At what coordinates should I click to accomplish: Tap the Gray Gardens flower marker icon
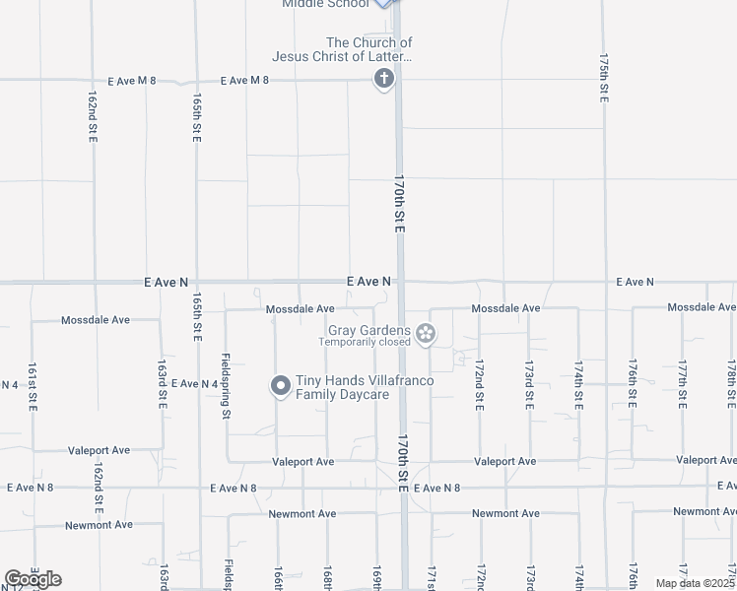pyautogui.click(x=426, y=335)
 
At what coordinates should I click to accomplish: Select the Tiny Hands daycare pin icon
pyautogui.click(x=280, y=386)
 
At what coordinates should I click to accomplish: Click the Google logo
pyautogui.click(x=33, y=579)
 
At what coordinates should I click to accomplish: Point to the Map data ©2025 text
pyautogui.click(x=695, y=583)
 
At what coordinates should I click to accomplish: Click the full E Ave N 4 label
pyautogui.click(x=194, y=383)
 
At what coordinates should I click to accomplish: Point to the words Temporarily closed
pyautogui.click(x=364, y=343)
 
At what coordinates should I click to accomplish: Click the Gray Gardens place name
pyautogui.click(x=369, y=330)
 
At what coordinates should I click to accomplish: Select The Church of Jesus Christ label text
pyautogui.click(x=368, y=49)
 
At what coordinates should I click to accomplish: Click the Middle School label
pyautogui.click(x=325, y=4)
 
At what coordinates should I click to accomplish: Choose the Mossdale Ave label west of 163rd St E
pyautogui.click(x=96, y=320)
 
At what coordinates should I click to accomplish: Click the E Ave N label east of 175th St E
pyautogui.click(x=635, y=282)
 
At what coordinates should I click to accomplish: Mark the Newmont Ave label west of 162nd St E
pyautogui.click(x=99, y=525)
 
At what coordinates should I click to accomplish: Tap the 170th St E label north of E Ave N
pyautogui.click(x=399, y=204)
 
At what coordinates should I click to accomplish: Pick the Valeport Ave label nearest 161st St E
pyautogui.click(x=99, y=450)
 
